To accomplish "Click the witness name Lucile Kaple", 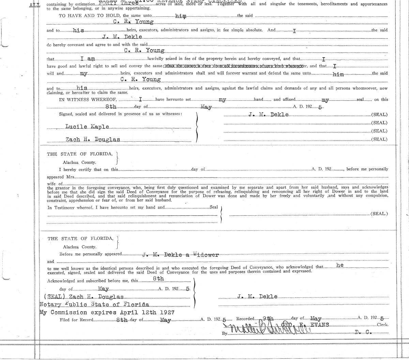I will (x=87, y=127).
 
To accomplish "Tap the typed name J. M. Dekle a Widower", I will (x=181, y=254).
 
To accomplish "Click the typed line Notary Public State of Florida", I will (x=94, y=304).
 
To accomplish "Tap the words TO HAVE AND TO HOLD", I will (x=90, y=16).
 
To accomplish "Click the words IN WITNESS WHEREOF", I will (x=88, y=99).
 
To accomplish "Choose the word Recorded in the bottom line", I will (x=245, y=319).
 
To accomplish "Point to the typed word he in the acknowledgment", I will (x=340, y=265).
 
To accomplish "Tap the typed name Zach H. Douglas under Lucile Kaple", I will (x=92, y=139).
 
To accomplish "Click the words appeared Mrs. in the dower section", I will (x=60, y=177).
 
